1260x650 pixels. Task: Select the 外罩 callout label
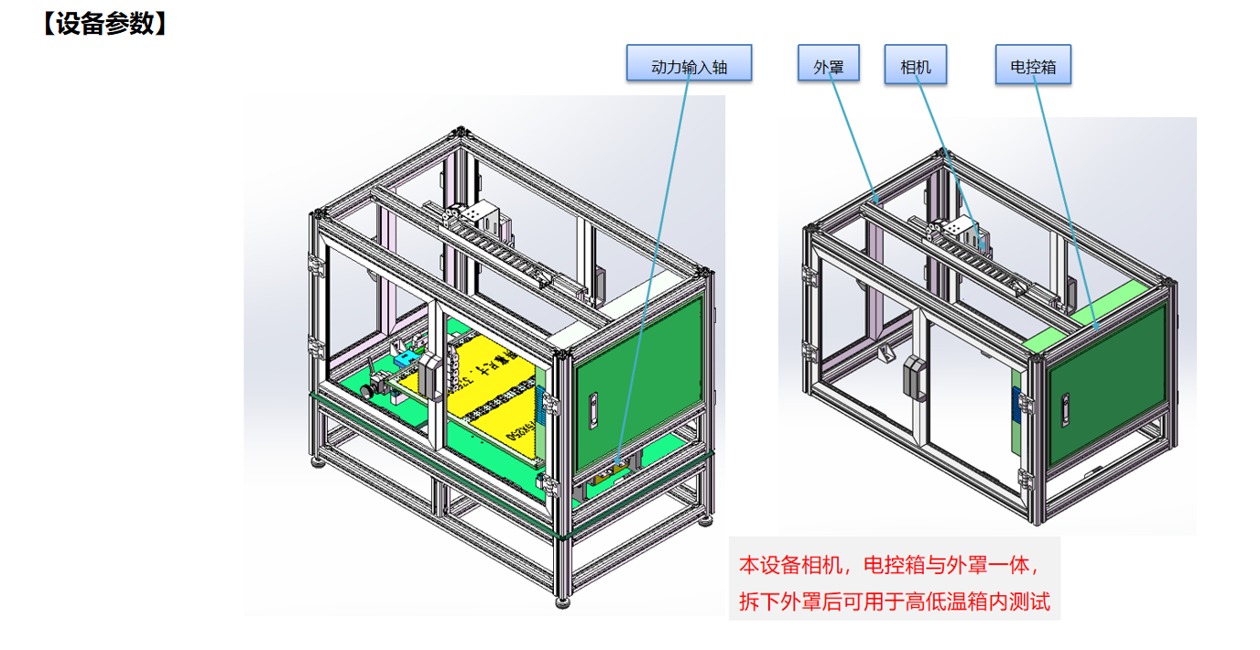(829, 65)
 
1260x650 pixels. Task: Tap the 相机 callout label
(916, 65)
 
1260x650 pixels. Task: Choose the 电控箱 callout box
(1033, 65)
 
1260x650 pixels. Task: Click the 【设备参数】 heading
(103, 24)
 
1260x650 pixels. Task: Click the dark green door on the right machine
(1107, 385)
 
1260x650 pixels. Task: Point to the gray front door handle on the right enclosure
(911, 375)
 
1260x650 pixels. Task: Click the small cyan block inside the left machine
(403, 363)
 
